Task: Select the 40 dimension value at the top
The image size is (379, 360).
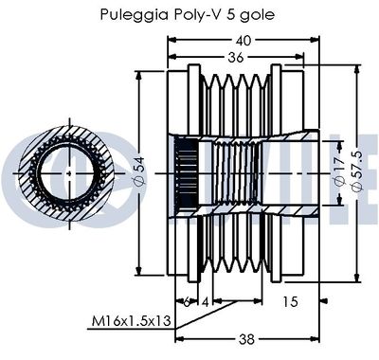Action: pyautogui.click(x=243, y=40)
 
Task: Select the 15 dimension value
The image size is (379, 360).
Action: pyautogui.click(x=290, y=301)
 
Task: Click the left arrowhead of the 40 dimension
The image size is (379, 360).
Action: pyautogui.click(x=171, y=40)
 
